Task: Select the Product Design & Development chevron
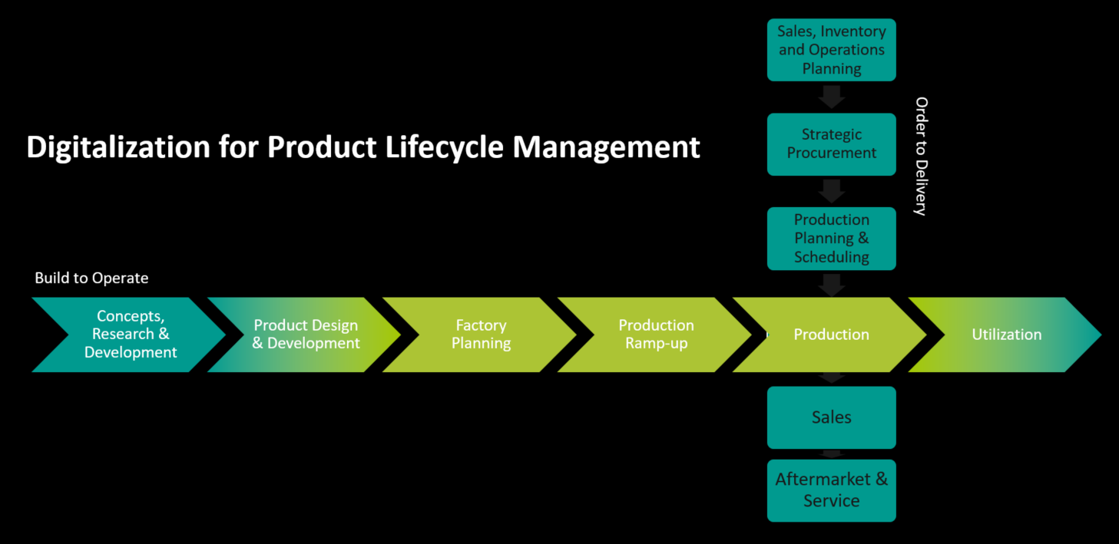(306, 335)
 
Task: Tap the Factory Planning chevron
(481, 335)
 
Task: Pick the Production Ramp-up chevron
(656, 335)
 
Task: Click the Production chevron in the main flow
(831, 335)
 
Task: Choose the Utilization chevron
(1006, 335)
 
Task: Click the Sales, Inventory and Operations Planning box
(831, 50)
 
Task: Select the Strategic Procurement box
(831, 143)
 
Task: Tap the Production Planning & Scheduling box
(831, 238)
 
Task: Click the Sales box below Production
(831, 417)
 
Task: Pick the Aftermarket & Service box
(831, 490)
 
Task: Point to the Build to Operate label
(91, 278)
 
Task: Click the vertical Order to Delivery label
(921, 157)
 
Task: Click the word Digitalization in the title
(118, 147)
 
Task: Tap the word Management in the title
(606, 147)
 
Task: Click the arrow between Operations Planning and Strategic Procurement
(831, 97)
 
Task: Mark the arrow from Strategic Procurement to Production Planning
(831, 191)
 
